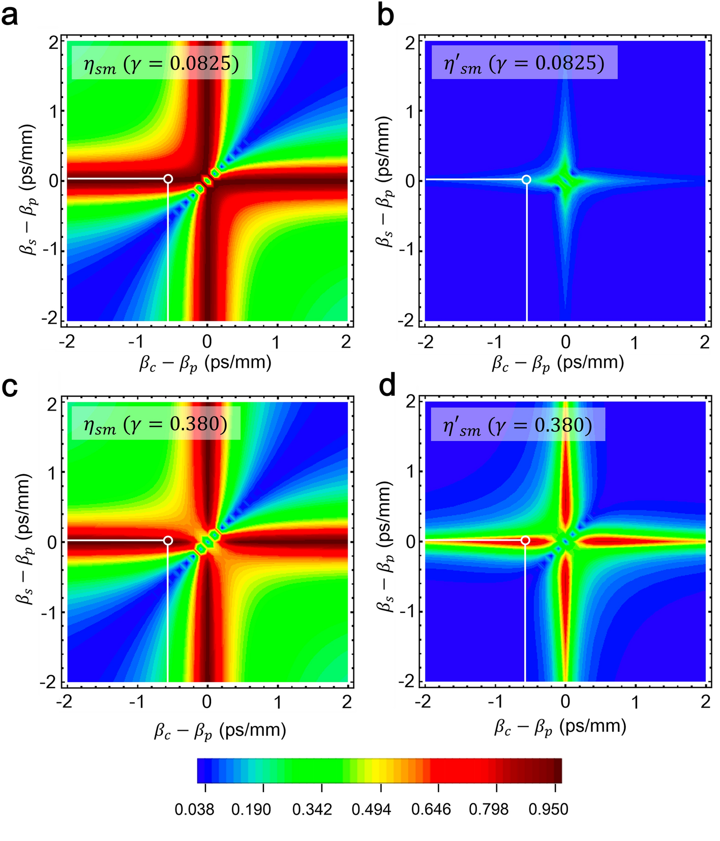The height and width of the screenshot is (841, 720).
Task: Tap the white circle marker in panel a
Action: (168, 179)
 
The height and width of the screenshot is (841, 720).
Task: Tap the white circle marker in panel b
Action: (526, 179)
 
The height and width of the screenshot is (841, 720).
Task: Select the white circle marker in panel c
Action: (168, 541)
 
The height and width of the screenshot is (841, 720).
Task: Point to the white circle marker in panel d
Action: (525, 541)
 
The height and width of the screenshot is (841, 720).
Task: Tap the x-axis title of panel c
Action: (220, 730)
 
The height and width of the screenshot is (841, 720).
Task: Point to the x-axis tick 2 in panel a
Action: (346, 341)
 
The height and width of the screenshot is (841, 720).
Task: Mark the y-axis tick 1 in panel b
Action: (410, 111)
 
